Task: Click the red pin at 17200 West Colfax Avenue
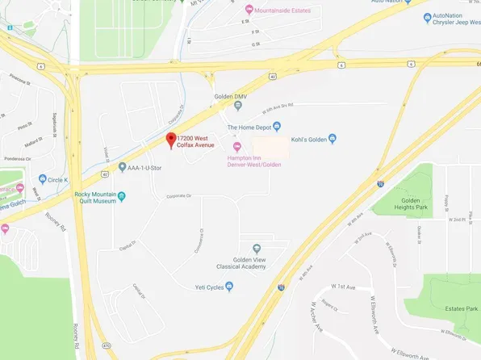(170, 140)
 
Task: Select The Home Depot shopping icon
(277, 126)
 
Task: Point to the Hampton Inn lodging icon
(236, 145)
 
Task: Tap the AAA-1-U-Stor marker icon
(122, 167)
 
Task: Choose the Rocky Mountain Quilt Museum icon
(122, 195)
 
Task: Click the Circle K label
(58, 179)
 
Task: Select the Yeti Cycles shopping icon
(230, 285)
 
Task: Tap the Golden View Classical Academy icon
(257, 248)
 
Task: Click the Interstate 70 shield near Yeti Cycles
(280, 287)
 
